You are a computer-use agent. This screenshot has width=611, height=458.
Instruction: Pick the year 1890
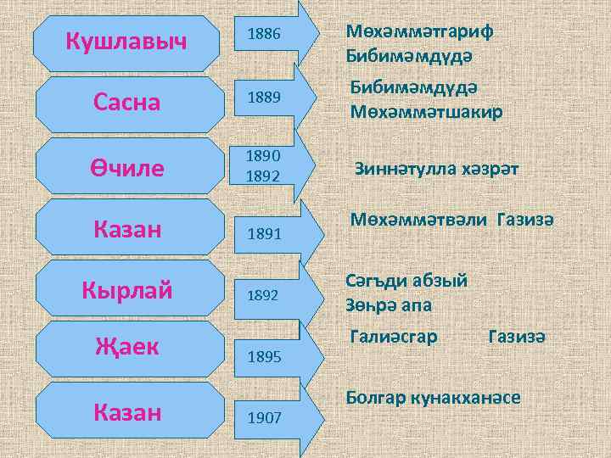pyautogui.click(x=262, y=156)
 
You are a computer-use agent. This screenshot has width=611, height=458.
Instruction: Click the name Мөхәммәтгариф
pyautogui.click(x=420, y=31)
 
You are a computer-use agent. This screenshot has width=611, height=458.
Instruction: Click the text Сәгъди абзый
pyautogui.click(x=406, y=279)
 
